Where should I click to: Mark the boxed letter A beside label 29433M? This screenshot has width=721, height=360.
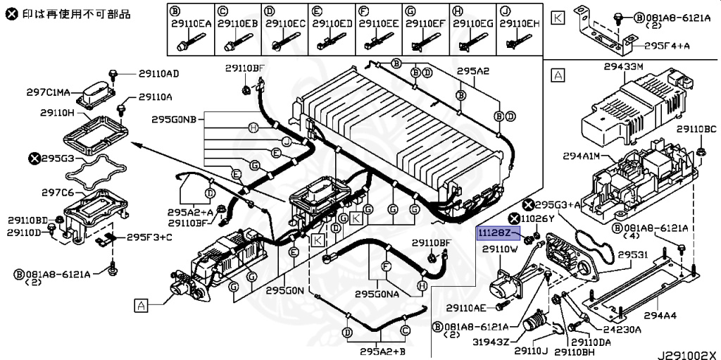558,74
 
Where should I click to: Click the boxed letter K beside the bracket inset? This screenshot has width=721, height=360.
558,18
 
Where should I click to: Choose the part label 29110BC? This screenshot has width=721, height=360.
696,130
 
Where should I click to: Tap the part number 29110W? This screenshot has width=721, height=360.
501,249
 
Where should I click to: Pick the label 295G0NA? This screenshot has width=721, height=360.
377,294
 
